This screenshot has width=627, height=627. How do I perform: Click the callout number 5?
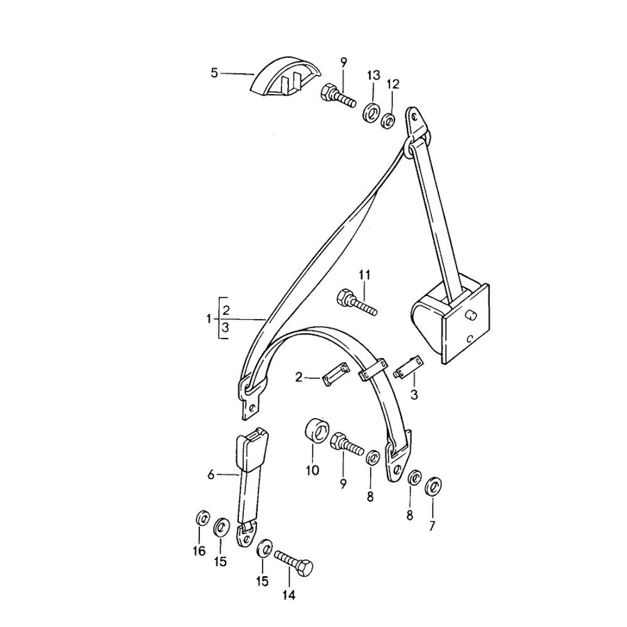214,73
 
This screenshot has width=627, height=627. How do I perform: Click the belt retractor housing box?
451,319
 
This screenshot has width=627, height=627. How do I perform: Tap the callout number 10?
312,470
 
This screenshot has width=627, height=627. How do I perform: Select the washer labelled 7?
432,486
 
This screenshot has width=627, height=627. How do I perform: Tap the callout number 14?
290,595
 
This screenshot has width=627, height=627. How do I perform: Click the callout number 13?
373,76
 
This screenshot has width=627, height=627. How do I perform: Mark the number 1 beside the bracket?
208,319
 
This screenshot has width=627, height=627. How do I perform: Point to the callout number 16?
199,551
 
